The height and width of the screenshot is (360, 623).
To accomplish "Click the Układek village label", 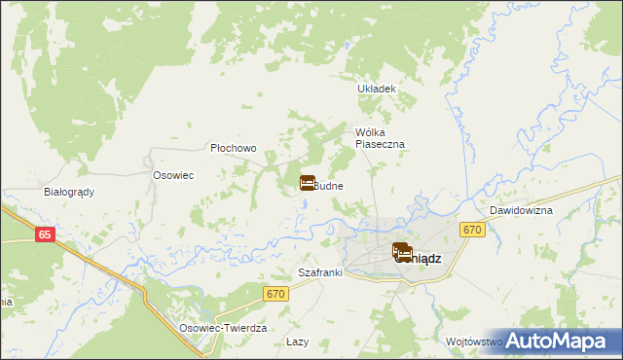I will tap(378, 89).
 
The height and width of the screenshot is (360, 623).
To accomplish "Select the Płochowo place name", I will tap(234, 149).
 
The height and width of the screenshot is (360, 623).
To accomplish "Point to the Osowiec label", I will tap(174, 175).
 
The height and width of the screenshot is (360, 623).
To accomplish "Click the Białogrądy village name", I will tap(69, 192).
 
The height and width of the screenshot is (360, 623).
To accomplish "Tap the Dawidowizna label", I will tap(521, 210).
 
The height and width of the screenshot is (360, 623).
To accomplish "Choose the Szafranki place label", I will tap(320, 273).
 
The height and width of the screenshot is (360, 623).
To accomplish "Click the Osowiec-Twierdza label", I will tap(223, 329).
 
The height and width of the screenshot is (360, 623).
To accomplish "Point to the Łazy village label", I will tap(298, 342).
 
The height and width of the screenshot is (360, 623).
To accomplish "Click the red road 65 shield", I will tap(45, 234).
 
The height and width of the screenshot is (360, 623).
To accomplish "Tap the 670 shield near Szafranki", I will tap(275, 293).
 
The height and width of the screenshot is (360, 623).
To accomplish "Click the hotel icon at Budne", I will tap(307, 182).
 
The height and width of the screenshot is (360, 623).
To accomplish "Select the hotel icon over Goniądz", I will tap(401, 252).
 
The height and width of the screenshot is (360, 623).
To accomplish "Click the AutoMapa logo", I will tap(563, 342).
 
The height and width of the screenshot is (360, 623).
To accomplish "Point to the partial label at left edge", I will tap(5, 302).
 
